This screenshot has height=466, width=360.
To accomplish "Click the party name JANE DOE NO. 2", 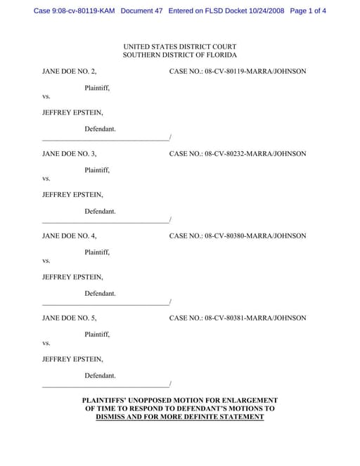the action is click(70, 71).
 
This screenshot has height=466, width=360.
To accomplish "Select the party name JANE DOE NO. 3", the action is click(70, 153).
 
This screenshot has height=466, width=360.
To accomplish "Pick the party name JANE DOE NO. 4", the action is click(70, 235).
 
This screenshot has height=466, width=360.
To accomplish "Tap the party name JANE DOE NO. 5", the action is click(70, 318).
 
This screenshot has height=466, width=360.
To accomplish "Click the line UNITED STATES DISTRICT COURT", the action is click(180, 46).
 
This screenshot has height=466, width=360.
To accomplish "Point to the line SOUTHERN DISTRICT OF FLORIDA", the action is click(180, 55).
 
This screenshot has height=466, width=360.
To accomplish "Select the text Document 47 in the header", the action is click(141, 11).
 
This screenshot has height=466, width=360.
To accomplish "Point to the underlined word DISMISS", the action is click(115, 417).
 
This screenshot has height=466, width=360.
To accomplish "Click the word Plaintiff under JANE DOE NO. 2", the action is click(97, 88).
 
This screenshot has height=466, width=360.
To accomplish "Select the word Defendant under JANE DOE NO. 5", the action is click(100, 375).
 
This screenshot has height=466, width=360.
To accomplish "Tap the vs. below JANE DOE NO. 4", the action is click(46, 261).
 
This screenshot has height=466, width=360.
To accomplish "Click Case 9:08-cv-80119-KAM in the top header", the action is click(75, 11).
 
